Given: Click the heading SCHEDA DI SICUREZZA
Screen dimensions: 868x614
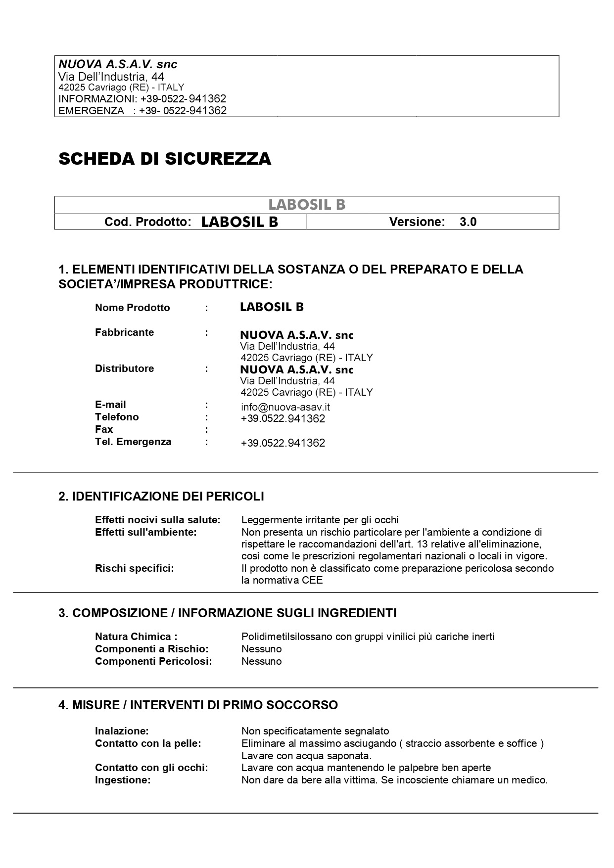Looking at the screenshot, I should (165, 159).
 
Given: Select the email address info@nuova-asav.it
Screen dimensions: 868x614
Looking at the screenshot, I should (285, 407).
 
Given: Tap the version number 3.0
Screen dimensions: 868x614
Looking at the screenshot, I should (468, 222).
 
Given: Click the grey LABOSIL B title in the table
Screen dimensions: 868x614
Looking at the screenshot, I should (307, 205).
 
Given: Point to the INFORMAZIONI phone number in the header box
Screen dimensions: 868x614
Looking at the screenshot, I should (183, 99).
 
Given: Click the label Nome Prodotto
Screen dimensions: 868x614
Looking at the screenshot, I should (132, 308).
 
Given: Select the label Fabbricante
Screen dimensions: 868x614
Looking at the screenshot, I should (124, 332).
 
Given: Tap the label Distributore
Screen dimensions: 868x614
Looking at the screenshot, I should (124, 368).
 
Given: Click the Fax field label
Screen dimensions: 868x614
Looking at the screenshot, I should (104, 429).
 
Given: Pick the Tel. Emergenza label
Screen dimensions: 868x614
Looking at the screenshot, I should (133, 442).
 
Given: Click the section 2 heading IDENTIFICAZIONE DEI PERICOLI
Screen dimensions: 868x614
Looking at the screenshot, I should (161, 496).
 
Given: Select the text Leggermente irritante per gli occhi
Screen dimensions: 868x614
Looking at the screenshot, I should (320, 520).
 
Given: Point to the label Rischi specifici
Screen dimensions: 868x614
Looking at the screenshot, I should (134, 568).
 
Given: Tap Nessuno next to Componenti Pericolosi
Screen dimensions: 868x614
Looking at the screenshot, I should (261, 661).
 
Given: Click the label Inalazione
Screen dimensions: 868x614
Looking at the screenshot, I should (122, 731).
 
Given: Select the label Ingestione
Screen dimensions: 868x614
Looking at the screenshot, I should (122, 780).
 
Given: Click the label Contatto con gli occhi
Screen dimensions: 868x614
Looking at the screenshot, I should (151, 768).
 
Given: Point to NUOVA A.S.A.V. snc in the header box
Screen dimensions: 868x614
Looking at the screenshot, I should (118, 64).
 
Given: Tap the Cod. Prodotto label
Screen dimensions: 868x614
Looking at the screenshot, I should (147, 222).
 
